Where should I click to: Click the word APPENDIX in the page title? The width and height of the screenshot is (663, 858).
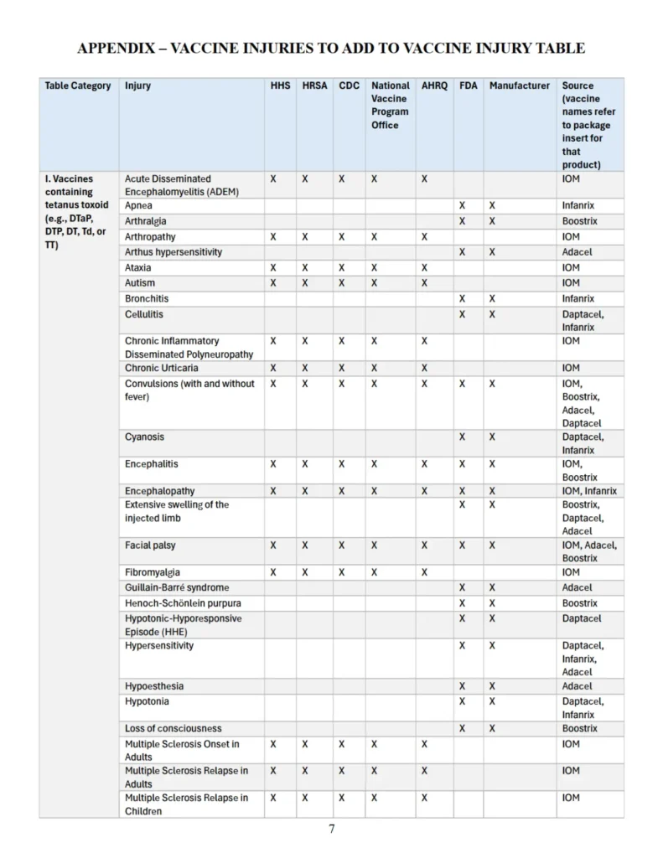click(x=117, y=48)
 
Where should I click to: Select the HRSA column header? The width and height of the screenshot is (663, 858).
click(x=313, y=85)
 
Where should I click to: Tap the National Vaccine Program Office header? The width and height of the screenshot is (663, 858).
click(x=391, y=105)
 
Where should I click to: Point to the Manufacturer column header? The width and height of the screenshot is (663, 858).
click(x=520, y=85)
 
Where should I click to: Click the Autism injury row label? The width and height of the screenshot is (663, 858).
click(x=140, y=283)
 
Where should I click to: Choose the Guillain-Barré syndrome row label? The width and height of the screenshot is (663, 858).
click(x=177, y=588)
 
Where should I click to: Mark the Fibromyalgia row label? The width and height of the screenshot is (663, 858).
click(x=153, y=572)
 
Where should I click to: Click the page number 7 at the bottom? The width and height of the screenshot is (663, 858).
click(x=332, y=830)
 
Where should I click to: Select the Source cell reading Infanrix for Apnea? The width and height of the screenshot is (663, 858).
click(x=578, y=205)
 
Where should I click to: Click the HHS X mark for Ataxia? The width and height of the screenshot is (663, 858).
click(x=273, y=268)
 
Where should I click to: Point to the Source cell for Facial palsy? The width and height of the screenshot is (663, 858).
click(x=589, y=551)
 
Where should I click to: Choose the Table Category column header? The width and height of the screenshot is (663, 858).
click(x=78, y=85)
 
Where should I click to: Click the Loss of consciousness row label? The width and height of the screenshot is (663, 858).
click(x=174, y=729)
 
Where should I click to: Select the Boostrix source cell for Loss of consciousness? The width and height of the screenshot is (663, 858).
click(x=579, y=729)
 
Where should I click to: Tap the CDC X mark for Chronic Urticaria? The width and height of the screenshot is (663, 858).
click(x=341, y=368)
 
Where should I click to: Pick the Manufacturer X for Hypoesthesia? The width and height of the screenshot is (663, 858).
click(x=492, y=686)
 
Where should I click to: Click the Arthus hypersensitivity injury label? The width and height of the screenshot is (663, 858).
click(x=174, y=252)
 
